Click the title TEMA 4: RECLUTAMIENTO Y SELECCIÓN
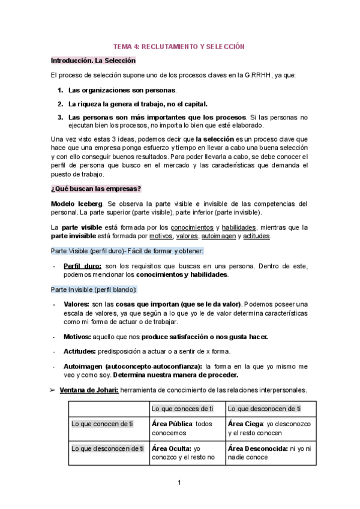179,46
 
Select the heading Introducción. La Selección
93,61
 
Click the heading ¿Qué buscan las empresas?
96,188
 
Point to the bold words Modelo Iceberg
77,203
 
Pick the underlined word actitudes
256,236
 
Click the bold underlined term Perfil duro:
82,265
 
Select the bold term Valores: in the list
76,304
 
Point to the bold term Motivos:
77,337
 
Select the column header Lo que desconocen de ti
265,409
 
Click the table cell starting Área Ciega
269,428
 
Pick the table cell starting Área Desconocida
269,452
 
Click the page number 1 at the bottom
179,483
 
